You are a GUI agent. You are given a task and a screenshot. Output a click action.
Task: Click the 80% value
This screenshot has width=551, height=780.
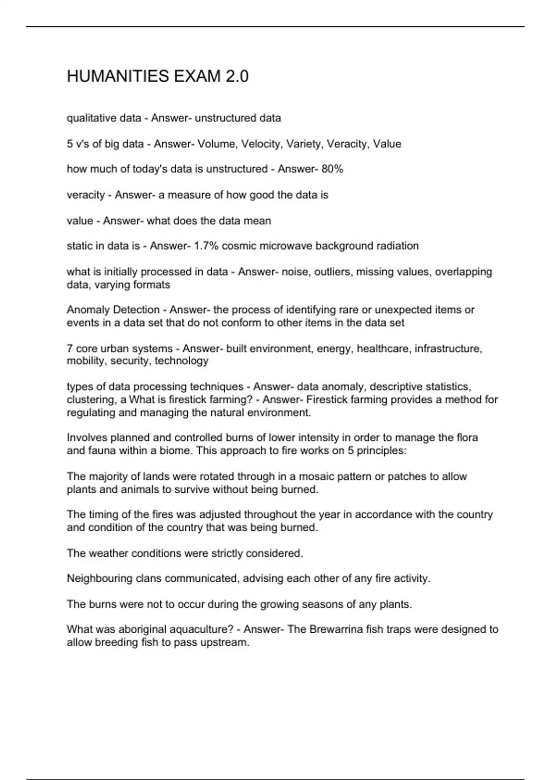coord(332,169)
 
